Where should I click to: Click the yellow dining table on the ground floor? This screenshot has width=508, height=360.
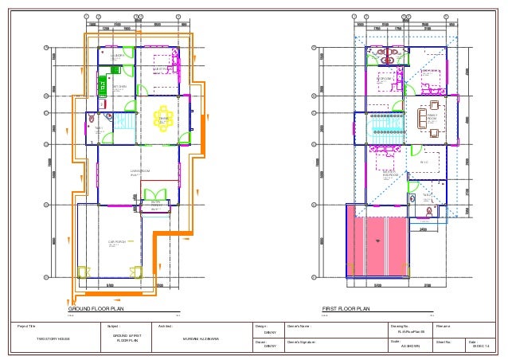(x=164, y=116)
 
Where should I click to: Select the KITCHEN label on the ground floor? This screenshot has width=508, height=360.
(x=120, y=87)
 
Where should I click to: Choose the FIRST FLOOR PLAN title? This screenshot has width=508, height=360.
(x=345, y=308)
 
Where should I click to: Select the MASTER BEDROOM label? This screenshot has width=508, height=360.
(x=390, y=172)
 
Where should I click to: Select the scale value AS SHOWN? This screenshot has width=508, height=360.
(x=410, y=346)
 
